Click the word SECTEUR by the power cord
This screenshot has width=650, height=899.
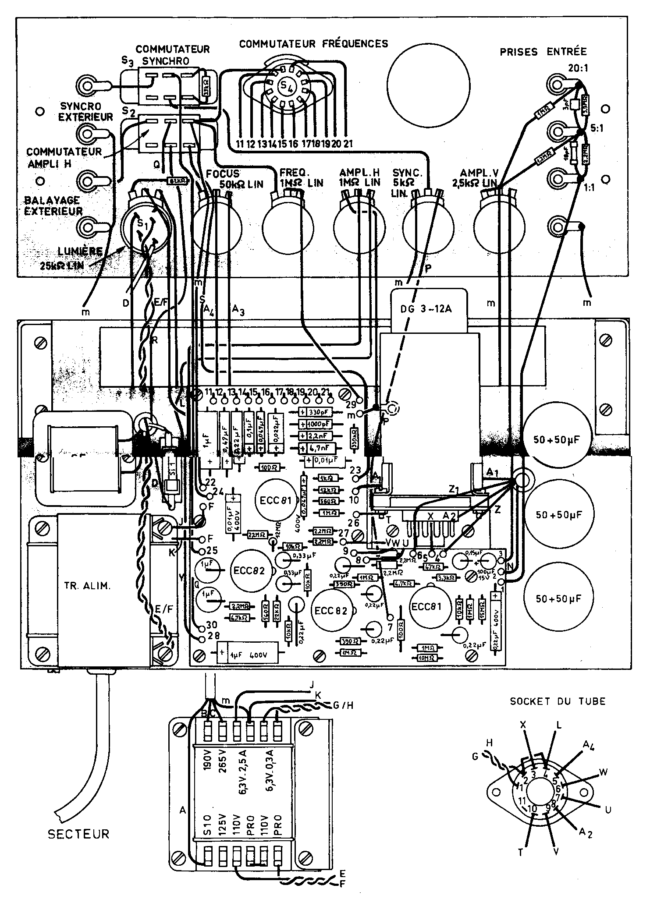78,833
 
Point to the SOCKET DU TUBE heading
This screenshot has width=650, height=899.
558,701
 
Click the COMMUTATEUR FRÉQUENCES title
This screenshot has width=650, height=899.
313,44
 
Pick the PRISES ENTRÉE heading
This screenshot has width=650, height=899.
543,52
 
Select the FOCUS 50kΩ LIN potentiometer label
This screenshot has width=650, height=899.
234,178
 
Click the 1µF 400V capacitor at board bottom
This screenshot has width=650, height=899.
248,655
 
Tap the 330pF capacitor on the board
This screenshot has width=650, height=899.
316,412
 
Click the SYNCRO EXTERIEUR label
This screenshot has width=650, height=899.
86,112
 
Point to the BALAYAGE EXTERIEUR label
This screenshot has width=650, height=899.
53,205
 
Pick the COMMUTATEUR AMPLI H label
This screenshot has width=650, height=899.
64,157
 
